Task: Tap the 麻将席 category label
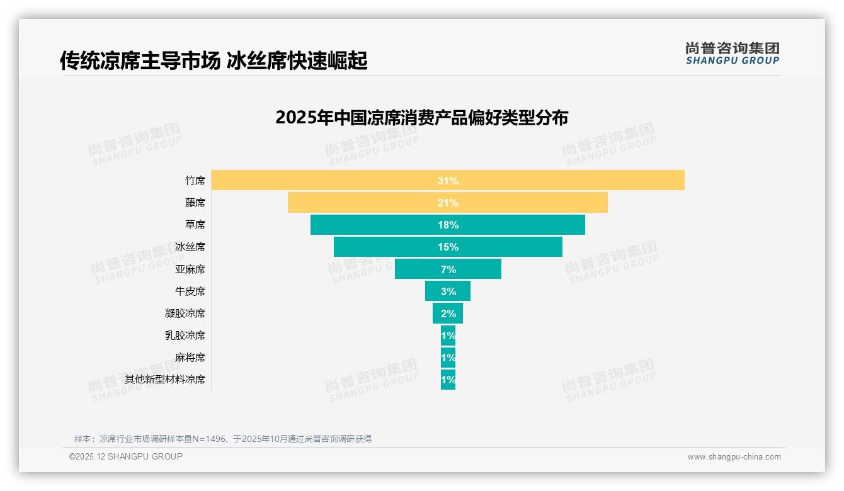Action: (190, 358)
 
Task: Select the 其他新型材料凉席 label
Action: (164, 380)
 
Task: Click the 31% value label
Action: (448, 181)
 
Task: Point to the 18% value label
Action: (448, 225)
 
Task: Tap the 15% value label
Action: (448, 247)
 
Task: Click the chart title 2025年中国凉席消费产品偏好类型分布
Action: (421, 118)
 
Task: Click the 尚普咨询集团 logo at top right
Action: (732, 53)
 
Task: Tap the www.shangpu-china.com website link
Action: (734, 457)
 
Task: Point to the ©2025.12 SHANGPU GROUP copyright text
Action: (126, 456)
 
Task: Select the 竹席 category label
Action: (195, 181)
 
